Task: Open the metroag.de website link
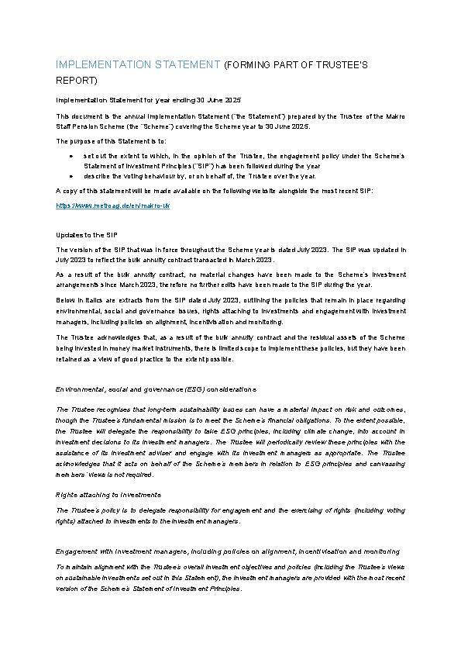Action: (x=113, y=206)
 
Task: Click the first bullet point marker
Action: (x=71, y=156)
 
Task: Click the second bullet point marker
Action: (x=71, y=176)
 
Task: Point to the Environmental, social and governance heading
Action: (x=155, y=388)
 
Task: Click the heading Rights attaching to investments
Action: (x=108, y=494)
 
